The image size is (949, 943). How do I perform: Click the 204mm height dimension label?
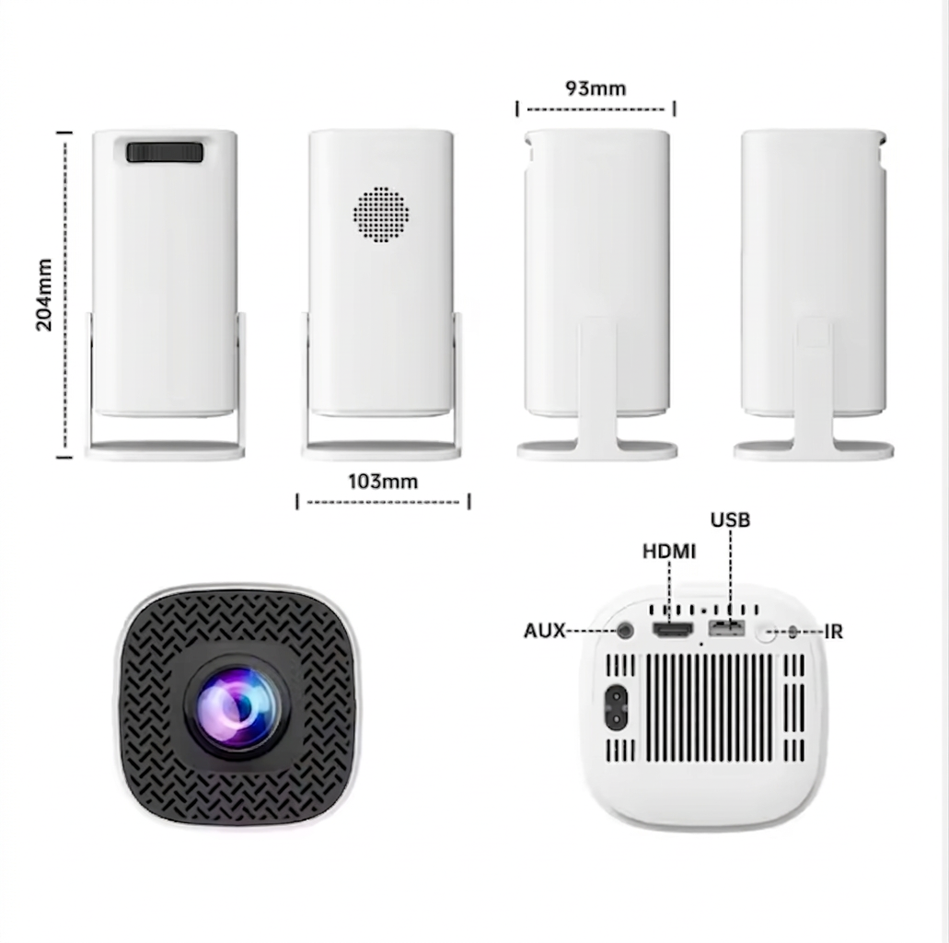(x=44, y=295)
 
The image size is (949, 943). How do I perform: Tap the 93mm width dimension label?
(x=596, y=88)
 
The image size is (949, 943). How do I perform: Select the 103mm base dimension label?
(x=383, y=482)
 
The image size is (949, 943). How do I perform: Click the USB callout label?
(x=730, y=519)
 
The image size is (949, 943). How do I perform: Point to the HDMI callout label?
(x=669, y=552)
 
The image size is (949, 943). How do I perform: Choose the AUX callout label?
(x=544, y=631)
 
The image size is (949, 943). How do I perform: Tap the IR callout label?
(x=833, y=632)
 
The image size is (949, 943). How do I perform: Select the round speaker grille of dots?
(x=381, y=215)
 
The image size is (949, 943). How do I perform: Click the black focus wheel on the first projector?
(x=165, y=151)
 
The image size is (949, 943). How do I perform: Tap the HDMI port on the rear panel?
(x=672, y=631)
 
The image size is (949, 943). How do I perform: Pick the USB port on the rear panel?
(x=726, y=629)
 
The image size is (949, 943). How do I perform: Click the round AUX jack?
(x=625, y=631)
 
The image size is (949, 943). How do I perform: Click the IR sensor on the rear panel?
(x=793, y=633)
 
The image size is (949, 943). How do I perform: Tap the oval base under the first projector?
(x=165, y=450)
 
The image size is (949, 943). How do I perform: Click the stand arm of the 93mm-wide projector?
(x=597, y=382)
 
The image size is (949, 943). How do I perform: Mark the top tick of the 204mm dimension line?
(x=64, y=132)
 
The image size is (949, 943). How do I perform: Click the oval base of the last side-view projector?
(x=814, y=450)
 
